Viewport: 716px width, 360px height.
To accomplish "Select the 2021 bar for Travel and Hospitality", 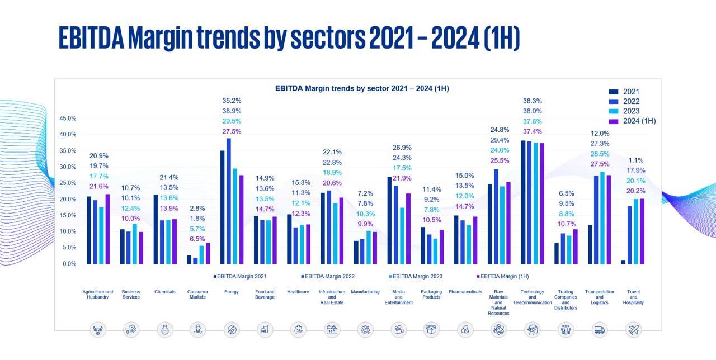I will [623, 262].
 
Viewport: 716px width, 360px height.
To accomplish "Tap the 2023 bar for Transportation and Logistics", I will [602, 217].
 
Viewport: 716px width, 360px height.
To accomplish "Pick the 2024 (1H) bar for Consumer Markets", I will [208, 253].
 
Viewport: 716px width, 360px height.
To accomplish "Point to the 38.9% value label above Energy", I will [232, 111].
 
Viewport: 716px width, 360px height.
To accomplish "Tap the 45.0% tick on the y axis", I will [68, 119].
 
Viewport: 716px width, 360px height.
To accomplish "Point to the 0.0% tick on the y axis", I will [69, 263].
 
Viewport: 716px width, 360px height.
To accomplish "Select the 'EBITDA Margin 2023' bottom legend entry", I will [415, 276].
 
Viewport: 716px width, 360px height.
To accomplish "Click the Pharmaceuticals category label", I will [465, 292].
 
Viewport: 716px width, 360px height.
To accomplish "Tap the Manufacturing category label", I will [365, 292].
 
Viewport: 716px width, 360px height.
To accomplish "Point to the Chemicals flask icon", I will [164, 330].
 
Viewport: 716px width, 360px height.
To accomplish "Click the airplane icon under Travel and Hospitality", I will [633, 330].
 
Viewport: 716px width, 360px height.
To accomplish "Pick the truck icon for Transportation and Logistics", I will [599, 330].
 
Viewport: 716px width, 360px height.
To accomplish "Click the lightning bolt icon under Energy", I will [231, 330].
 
